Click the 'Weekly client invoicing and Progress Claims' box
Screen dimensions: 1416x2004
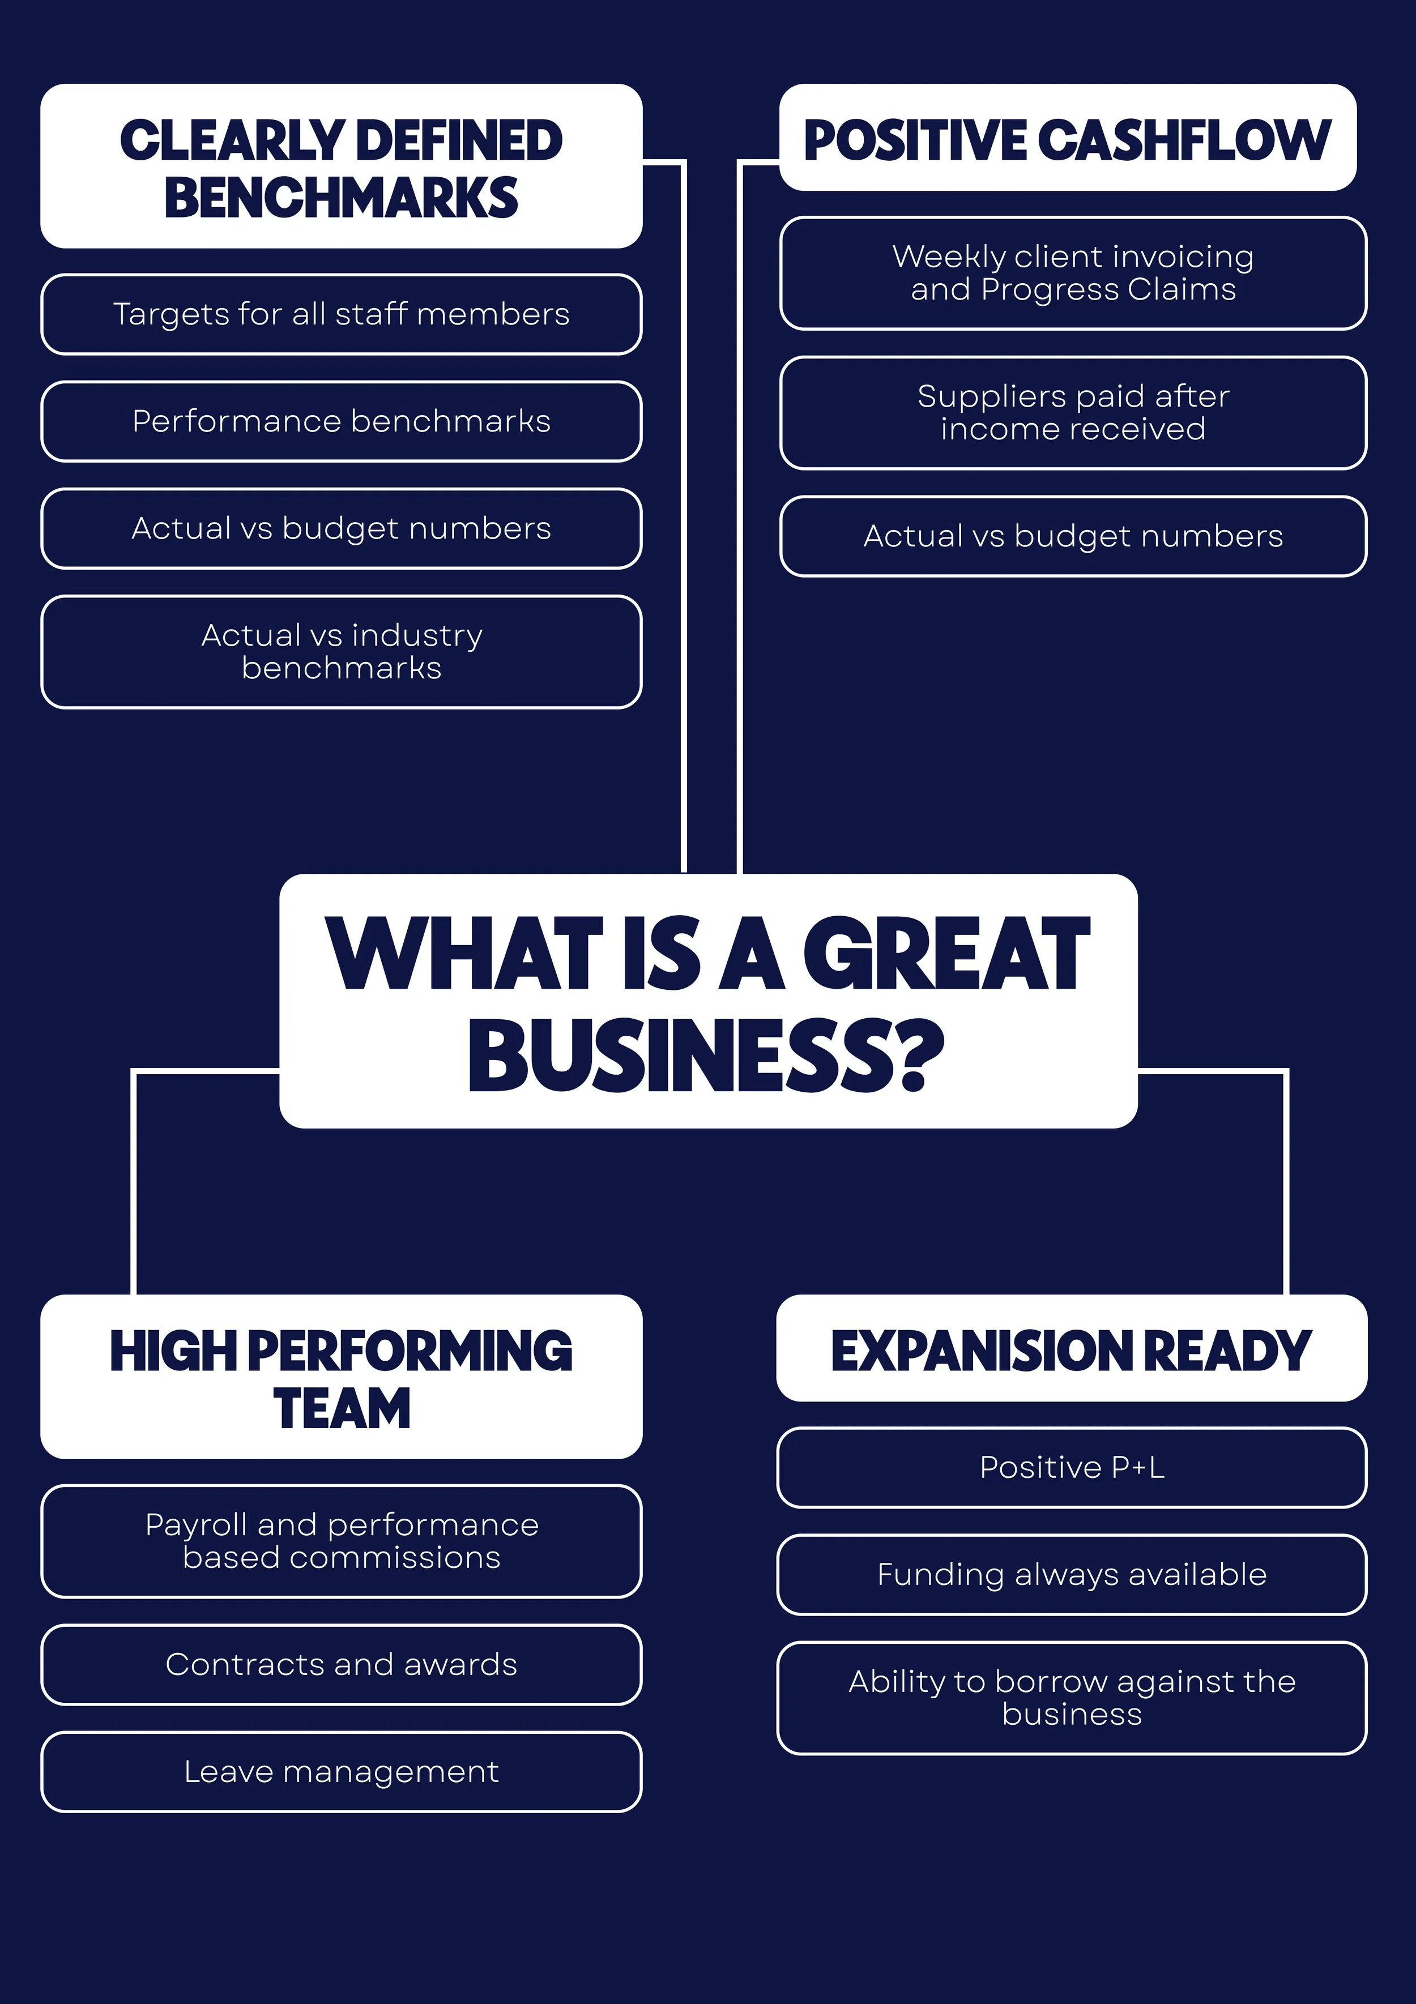(1073, 273)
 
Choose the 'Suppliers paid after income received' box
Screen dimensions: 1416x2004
(1073, 413)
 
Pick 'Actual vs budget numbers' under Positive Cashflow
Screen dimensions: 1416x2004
(1073, 536)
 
